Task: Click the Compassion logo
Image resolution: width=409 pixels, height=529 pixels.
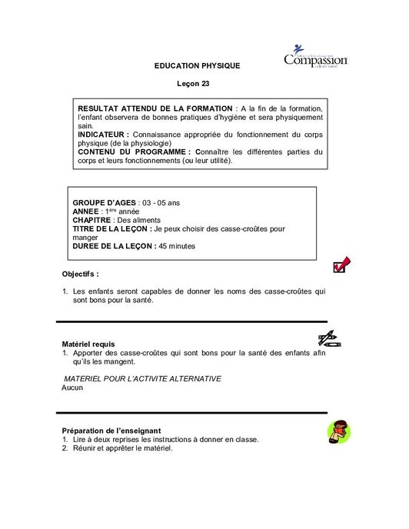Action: pos(315,58)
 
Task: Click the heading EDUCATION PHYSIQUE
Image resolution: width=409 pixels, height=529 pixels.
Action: pos(198,66)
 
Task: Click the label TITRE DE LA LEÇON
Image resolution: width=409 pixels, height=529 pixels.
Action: pos(111,229)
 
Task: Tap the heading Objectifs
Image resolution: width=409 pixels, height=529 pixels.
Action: pos(80,274)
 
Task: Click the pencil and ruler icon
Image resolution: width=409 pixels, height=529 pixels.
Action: pos(330,338)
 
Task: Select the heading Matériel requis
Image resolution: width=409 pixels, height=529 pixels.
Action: pos(88,344)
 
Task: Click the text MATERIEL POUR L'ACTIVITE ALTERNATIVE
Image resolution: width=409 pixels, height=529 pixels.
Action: pos(143,378)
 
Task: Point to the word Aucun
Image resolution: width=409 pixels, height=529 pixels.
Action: pos(72,388)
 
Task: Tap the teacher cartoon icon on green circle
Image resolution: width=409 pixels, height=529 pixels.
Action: pos(338,432)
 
